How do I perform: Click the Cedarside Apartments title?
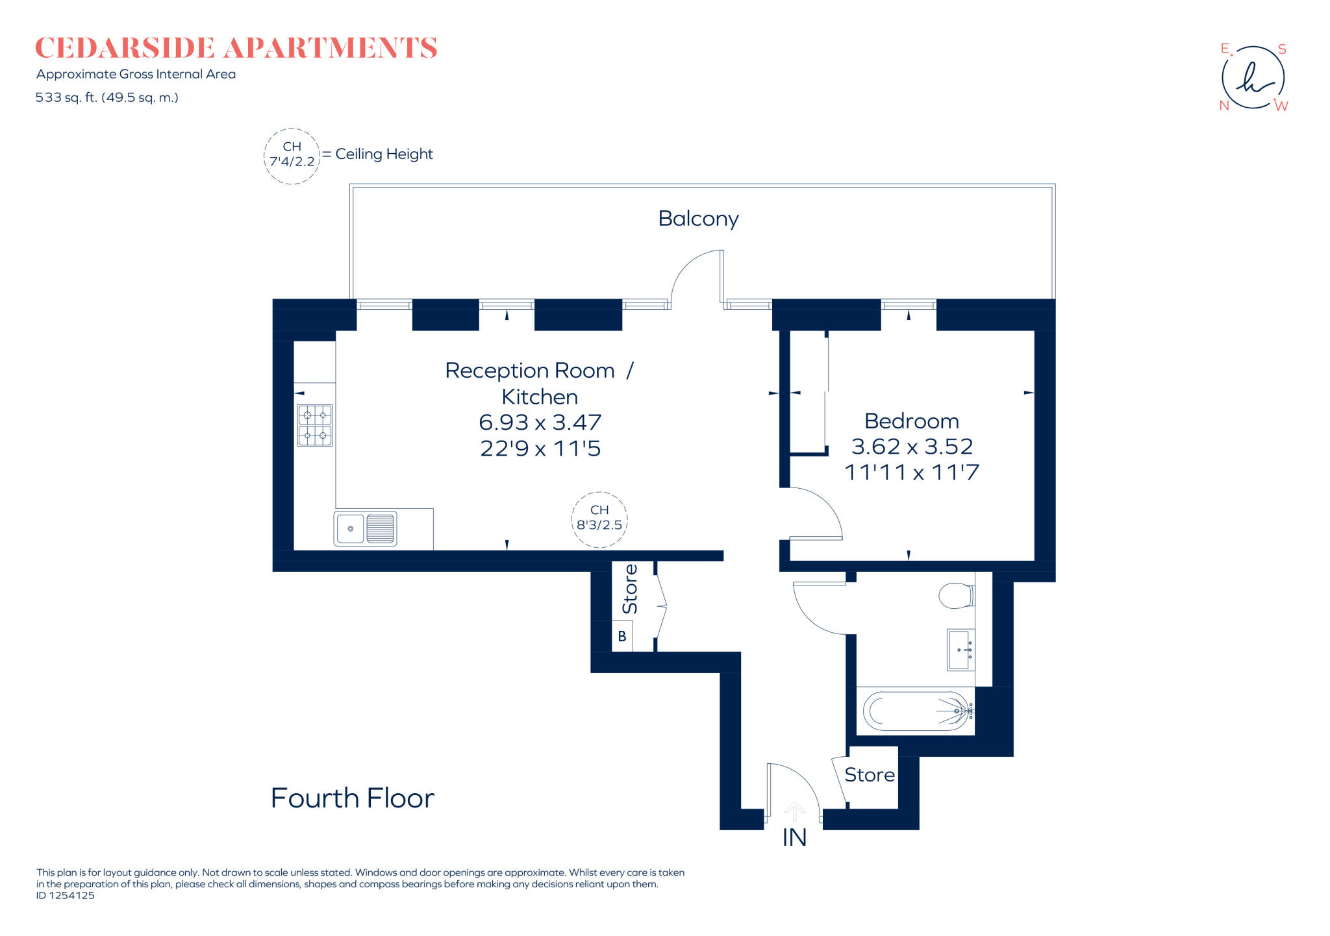click(x=236, y=49)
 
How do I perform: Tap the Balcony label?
click(x=698, y=219)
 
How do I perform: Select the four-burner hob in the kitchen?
click(x=315, y=425)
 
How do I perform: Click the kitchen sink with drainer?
click(x=365, y=528)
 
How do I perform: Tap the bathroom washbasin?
click(x=960, y=649)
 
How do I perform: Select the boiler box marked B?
click(x=622, y=636)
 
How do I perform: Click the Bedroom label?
click(x=911, y=421)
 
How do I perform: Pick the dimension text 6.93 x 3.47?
click(x=540, y=423)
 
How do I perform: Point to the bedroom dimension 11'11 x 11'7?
click(x=911, y=473)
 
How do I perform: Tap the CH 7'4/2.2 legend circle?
click(x=292, y=155)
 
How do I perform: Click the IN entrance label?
click(x=794, y=838)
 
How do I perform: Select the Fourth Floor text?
click(x=352, y=798)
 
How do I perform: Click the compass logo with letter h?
click(x=1253, y=78)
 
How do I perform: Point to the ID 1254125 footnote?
click(x=66, y=896)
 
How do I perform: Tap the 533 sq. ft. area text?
click(x=107, y=98)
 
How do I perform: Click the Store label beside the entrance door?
click(x=869, y=775)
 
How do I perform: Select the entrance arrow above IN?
click(x=794, y=811)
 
